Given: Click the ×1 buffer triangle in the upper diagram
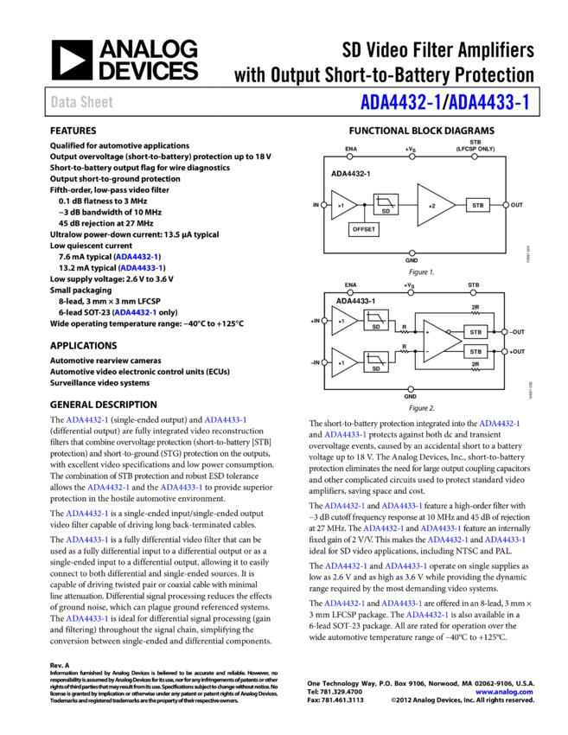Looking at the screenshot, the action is pos(342,205).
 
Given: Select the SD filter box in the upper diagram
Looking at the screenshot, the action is pos(386,205).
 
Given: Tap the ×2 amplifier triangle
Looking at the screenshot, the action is pos(433,205).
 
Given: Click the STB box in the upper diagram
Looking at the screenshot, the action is pos(477,205).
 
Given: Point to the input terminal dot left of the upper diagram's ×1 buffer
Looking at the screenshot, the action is pos(324,205).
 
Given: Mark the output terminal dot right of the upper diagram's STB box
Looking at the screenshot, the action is pos(506,205).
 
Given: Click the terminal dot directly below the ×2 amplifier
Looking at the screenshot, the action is pos(412,253).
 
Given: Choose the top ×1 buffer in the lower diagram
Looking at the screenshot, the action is pos(342,321).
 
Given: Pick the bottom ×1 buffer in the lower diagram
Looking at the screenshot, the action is pos(342,362).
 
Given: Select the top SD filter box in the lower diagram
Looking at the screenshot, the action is pos(376,320).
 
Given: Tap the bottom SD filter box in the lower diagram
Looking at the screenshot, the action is pos(376,362).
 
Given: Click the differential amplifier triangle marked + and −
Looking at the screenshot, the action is pos(439,342).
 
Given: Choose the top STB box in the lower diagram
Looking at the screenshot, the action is pos(475,331).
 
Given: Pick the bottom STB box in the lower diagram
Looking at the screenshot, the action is pos(475,352).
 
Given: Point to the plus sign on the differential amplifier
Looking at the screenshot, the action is pos(427,332).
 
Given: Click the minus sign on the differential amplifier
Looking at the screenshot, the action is pos(427,352).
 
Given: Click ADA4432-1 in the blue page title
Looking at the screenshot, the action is pos(400,103).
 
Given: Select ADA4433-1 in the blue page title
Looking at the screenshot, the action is pos(489,103).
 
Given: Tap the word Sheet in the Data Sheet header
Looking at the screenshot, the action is pos(97,102).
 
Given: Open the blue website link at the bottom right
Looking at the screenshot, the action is pos(504,692).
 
